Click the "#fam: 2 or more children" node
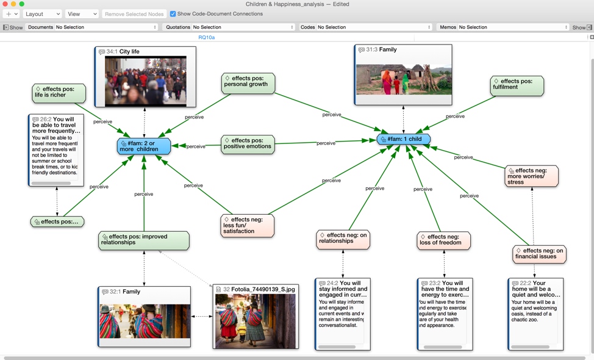point(144,145)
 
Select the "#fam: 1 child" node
point(404,139)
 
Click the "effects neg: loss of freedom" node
point(444,240)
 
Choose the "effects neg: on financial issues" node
point(539,254)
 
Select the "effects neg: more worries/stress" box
point(532,176)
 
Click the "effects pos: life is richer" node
point(59,92)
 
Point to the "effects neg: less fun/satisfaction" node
point(247,225)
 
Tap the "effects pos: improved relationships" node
point(144,240)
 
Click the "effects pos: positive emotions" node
point(247,144)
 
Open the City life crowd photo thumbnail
point(145,81)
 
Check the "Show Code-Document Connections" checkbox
point(173,14)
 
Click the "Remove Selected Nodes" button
point(134,14)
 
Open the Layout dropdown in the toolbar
point(41,14)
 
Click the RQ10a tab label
point(207,38)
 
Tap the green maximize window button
point(22,4)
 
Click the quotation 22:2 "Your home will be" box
point(535,314)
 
